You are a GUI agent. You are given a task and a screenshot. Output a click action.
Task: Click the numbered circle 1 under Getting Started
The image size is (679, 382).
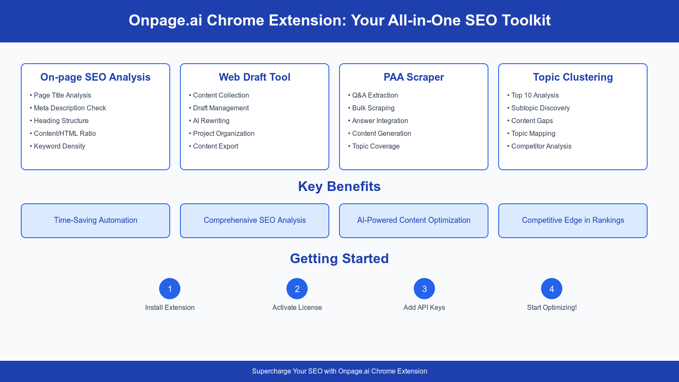pyautogui.click(x=170, y=289)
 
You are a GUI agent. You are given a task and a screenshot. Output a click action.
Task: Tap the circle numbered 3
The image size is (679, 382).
pyautogui.click(x=424, y=289)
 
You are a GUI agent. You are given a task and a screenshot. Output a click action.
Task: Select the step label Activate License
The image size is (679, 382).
pyautogui.click(x=297, y=307)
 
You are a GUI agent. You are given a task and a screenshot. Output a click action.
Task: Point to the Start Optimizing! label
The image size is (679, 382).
pyautogui.click(x=552, y=307)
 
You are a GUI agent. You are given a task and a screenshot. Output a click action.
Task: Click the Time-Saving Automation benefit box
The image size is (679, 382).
pyautogui.click(x=95, y=220)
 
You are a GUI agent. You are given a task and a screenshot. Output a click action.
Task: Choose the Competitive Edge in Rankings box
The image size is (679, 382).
pyautogui.click(x=573, y=220)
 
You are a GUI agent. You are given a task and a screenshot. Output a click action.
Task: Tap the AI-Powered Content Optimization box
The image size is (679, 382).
pyautogui.click(x=414, y=220)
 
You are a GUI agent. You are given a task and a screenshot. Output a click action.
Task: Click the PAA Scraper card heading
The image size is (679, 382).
pyautogui.click(x=414, y=77)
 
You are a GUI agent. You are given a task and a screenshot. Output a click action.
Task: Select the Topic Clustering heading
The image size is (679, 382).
pyautogui.click(x=573, y=77)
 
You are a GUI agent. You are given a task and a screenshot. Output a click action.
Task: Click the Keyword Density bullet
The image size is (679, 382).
pyautogui.click(x=59, y=146)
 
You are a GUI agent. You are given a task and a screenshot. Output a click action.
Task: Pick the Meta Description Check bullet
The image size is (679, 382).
pyautogui.click(x=70, y=108)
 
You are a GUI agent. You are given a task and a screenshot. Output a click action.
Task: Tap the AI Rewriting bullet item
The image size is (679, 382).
pyautogui.click(x=211, y=121)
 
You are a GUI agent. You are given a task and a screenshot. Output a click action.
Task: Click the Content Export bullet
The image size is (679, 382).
pyautogui.click(x=216, y=146)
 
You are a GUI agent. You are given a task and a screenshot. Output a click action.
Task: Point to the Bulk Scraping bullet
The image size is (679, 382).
pyautogui.click(x=373, y=108)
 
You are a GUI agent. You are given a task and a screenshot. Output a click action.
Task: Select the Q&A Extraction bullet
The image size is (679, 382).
pyautogui.click(x=375, y=95)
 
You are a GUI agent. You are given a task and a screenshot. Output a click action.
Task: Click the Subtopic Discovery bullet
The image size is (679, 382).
pyautogui.click(x=540, y=108)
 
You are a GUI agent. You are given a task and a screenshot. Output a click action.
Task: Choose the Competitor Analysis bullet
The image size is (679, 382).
pyautogui.click(x=541, y=146)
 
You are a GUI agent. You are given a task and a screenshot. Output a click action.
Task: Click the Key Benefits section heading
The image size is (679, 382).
pyautogui.click(x=339, y=186)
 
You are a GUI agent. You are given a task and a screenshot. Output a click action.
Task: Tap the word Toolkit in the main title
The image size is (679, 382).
pyautogui.click(x=526, y=20)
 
